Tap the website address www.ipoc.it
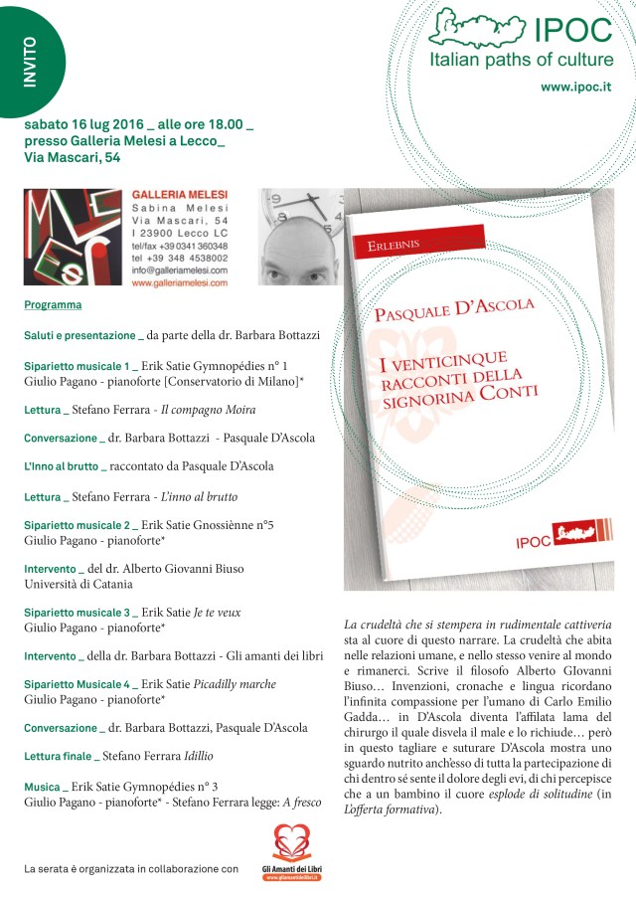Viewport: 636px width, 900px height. tap(575, 87)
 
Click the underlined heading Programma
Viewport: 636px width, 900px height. tap(53, 305)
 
